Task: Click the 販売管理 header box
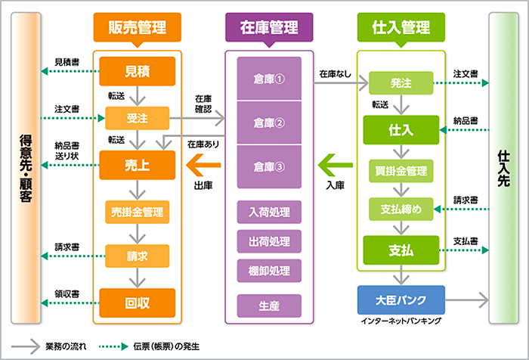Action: (138, 28)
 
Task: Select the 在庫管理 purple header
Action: (269, 28)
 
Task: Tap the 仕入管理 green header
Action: (401, 28)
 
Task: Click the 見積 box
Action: (138, 72)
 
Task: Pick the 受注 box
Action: (138, 118)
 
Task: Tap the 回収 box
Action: (138, 303)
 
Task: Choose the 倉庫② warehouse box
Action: (269, 123)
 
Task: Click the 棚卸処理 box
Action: (269, 270)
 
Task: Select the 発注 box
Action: (401, 82)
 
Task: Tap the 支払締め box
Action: (401, 209)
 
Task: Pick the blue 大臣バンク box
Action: (401, 299)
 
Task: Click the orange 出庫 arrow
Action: (202, 163)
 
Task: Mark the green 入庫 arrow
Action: (334, 163)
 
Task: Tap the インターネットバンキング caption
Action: (401, 321)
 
